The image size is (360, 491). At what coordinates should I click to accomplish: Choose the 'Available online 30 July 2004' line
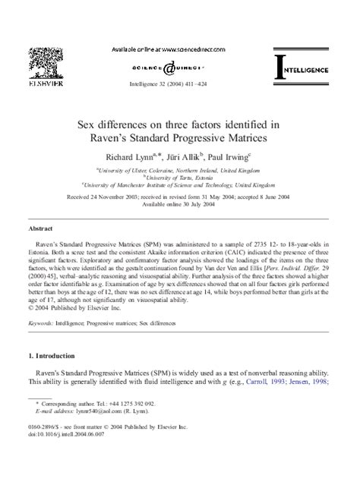pos(180,203)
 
